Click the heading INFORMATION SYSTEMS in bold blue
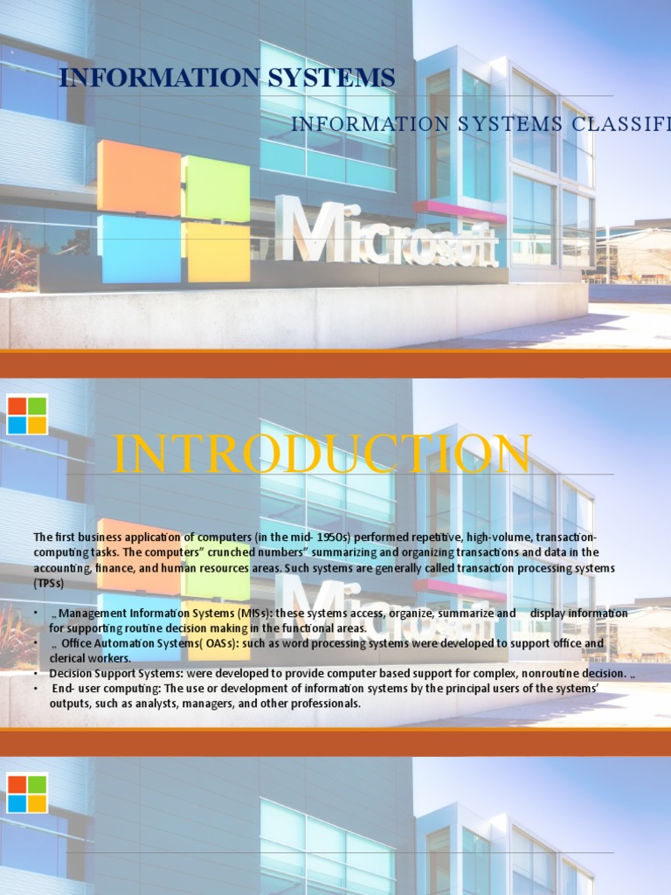[x=226, y=78]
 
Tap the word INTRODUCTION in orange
[x=322, y=454]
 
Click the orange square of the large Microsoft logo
[x=139, y=177]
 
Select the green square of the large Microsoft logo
[x=216, y=188]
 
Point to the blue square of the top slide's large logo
[x=140, y=249]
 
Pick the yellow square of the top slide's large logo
[x=218, y=253]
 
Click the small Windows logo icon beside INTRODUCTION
[x=27, y=415]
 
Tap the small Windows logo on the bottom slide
[x=27, y=794]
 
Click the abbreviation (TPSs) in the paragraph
[x=49, y=583]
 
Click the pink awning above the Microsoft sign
[x=459, y=211]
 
